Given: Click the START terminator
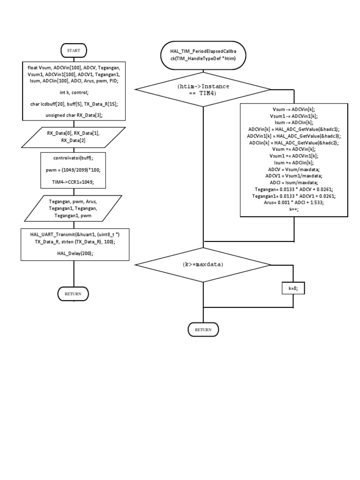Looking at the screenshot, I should pos(74,50).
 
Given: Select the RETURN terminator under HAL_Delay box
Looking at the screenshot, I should pos(73,293).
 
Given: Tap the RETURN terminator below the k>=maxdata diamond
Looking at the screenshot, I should pos(203,330).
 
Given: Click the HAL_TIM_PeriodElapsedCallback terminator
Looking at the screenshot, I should pos(203,54).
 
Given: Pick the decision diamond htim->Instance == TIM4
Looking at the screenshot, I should pos(203,90).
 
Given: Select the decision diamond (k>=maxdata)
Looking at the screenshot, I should pos(203,264).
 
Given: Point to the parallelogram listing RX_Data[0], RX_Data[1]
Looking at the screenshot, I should pos(73,136).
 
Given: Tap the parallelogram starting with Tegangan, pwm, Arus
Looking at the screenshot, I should pos(73,208).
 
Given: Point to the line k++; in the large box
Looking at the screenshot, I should pos(294,210).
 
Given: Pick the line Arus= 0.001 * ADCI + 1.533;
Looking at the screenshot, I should pos(294,203).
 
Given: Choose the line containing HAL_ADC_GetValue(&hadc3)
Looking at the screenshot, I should pos(294,135).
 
